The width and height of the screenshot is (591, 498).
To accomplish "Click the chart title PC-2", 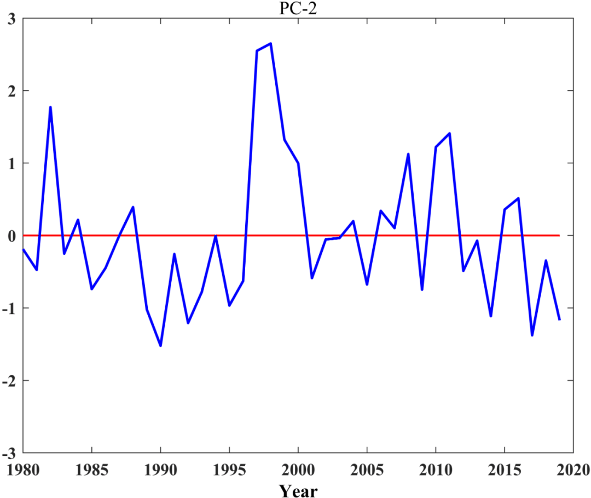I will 298,8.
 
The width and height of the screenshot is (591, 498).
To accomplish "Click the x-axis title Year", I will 298,489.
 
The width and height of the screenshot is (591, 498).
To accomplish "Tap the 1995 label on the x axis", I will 229,470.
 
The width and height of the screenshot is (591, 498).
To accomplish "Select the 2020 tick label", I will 572,470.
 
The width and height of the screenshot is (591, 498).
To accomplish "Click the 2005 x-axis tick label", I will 367,470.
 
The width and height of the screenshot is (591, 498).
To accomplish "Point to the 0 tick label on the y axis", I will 11,236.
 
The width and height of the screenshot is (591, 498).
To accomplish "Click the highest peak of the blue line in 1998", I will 270,43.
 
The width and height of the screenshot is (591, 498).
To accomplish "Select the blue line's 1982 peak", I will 50,107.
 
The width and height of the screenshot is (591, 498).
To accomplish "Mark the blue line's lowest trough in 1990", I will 160,346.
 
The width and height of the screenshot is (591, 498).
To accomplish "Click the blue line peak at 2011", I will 449,133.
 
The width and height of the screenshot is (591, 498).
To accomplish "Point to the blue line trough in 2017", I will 532,335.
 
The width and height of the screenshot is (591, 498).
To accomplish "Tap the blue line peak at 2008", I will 408,154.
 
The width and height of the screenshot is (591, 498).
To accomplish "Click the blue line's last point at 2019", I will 559,319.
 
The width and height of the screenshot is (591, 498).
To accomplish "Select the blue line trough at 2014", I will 491,316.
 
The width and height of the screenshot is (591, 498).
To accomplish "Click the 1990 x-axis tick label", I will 160,470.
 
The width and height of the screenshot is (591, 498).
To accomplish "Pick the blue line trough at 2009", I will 422,289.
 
